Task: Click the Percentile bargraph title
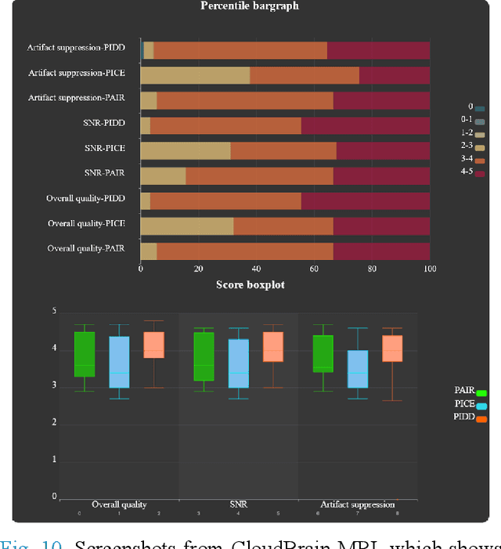[x=249, y=6]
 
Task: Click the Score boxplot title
[x=250, y=284]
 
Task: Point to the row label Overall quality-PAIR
[x=92, y=248]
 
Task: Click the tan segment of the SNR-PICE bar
[x=186, y=150]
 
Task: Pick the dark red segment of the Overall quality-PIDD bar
[x=366, y=200]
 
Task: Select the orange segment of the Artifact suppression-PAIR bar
[x=245, y=100]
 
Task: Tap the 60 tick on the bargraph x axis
[x=314, y=269]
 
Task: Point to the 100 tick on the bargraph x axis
[x=429, y=269]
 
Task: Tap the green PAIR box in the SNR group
[x=204, y=356]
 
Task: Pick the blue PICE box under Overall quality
[x=119, y=362]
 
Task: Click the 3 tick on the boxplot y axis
[x=54, y=386]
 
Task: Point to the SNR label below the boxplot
[x=239, y=505]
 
